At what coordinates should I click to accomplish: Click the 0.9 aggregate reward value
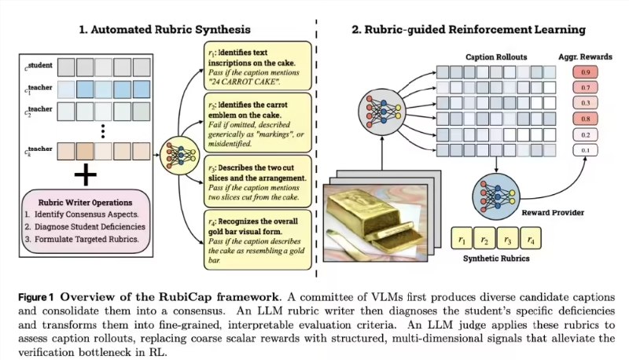click(x=583, y=72)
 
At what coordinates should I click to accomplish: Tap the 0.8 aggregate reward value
click(x=583, y=119)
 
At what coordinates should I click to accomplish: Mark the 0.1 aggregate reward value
click(x=583, y=150)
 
